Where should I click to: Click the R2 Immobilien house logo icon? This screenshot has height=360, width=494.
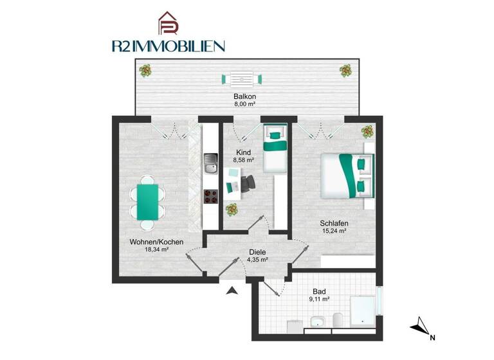[x=169, y=24]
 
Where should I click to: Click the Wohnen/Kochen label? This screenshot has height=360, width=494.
[x=156, y=242]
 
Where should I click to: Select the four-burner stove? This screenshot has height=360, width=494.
[x=210, y=197]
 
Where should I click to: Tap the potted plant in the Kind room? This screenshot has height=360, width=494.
[x=231, y=210]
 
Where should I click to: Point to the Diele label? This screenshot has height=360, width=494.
[x=258, y=253]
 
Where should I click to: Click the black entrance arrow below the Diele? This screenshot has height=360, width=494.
[x=232, y=291]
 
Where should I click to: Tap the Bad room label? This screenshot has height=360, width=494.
[x=319, y=291]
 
